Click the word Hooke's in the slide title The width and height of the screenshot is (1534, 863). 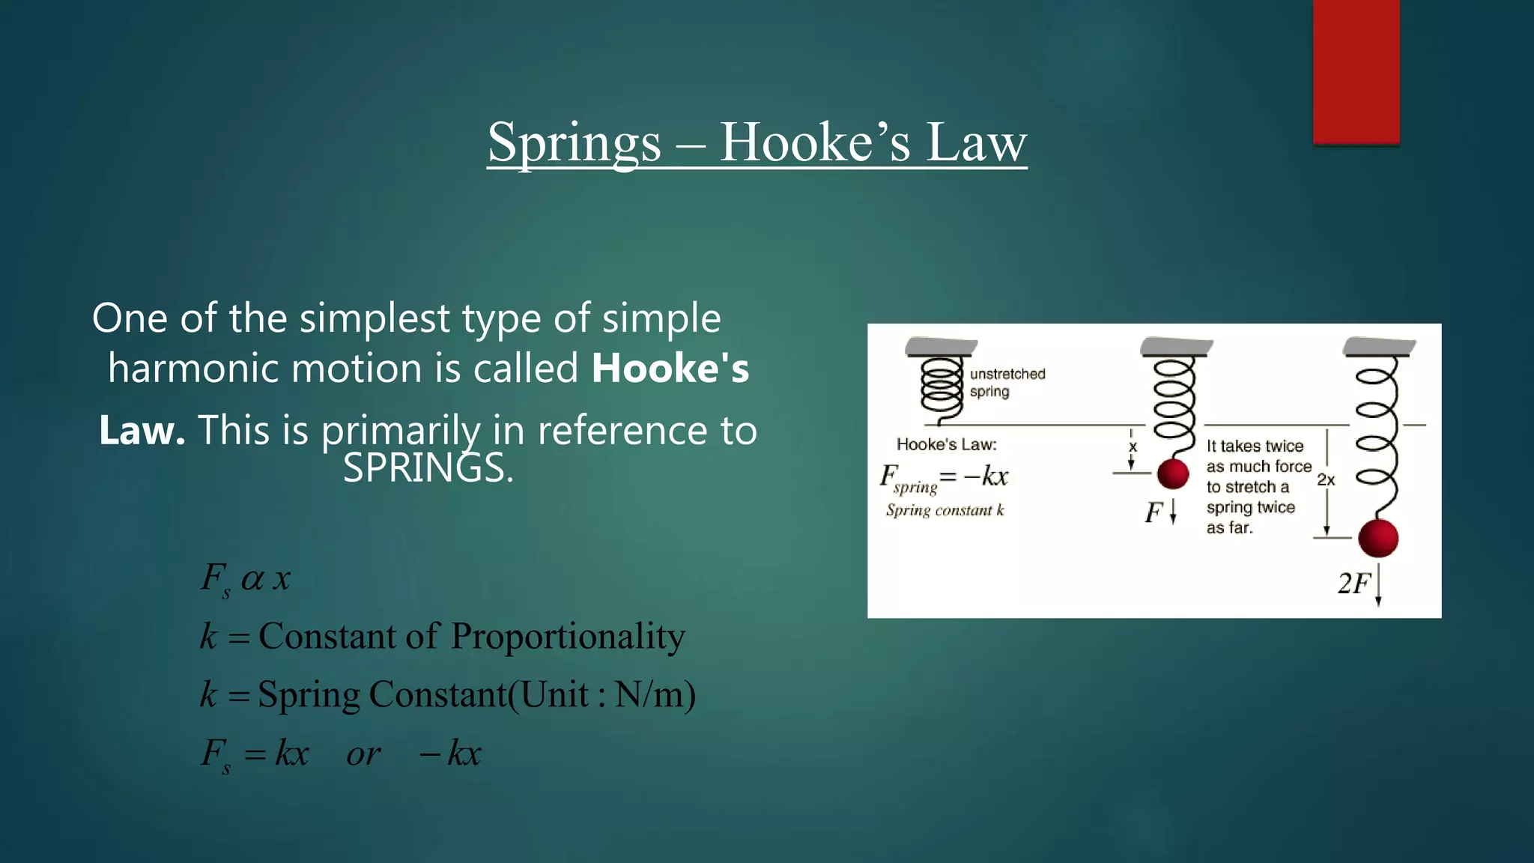(x=815, y=142)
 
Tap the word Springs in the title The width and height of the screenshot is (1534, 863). (x=575, y=142)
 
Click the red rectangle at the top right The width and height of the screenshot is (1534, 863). (x=1356, y=71)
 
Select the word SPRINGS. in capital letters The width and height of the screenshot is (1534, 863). (x=428, y=468)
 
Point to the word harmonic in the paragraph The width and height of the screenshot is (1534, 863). (x=192, y=368)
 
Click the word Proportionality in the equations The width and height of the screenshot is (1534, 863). (x=568, y=637)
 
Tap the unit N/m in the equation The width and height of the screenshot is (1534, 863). (x=649, y=694)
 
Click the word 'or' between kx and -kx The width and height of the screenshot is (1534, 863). (x=363, y=754)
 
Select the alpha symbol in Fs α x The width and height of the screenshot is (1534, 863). (x=252, y=578)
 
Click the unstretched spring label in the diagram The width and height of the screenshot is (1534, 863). (x=1007, y=382)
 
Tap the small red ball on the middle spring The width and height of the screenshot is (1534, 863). (x=1173, y=474)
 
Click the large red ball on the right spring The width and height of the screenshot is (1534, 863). (x=1378, y=538)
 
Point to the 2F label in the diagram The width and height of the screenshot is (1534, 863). (x=1353, y=583)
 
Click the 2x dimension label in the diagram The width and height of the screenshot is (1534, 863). (x=1326, y=479)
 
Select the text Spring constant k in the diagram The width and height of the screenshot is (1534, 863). (x=945, y=510)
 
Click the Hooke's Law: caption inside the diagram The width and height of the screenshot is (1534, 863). (x=946, y=444)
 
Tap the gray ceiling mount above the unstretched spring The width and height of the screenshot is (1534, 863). (x=941, y=346)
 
